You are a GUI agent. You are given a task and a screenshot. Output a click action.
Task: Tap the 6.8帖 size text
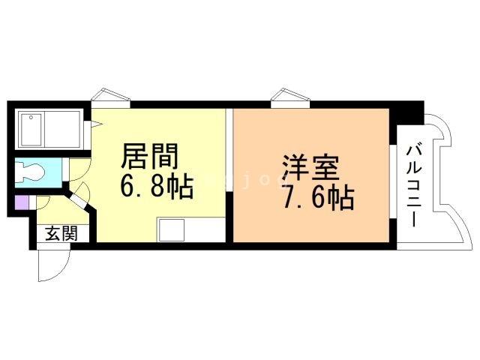157,186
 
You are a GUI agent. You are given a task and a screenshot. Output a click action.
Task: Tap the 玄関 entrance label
62,233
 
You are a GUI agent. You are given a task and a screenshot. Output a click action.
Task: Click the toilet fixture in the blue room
31,172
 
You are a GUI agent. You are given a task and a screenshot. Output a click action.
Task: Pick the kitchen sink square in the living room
171,230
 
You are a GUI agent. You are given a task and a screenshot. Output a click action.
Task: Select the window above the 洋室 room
288,97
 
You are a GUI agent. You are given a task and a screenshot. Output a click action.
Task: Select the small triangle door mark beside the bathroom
97,122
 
